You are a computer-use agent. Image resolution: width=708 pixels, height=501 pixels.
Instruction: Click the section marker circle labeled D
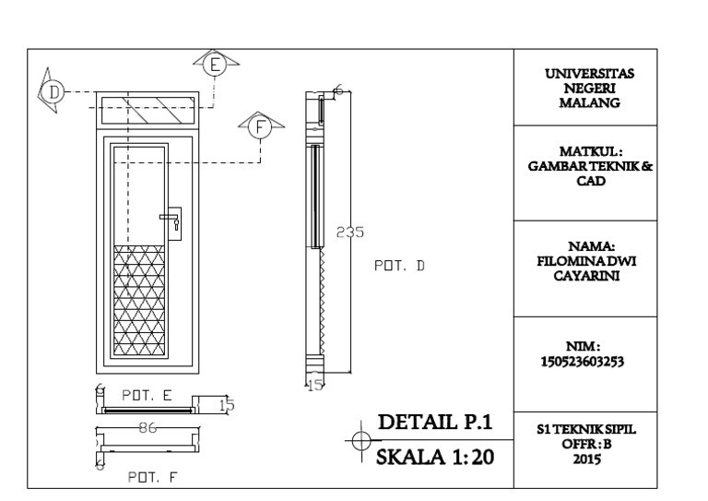(53, 91)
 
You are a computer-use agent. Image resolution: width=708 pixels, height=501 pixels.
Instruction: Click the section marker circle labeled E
(216, 64)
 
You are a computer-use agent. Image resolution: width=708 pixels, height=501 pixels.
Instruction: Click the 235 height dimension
(350, 233)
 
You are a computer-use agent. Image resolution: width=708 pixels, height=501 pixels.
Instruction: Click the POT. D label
(398, 266)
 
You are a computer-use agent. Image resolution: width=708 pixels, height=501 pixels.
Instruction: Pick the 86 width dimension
(146, 428)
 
